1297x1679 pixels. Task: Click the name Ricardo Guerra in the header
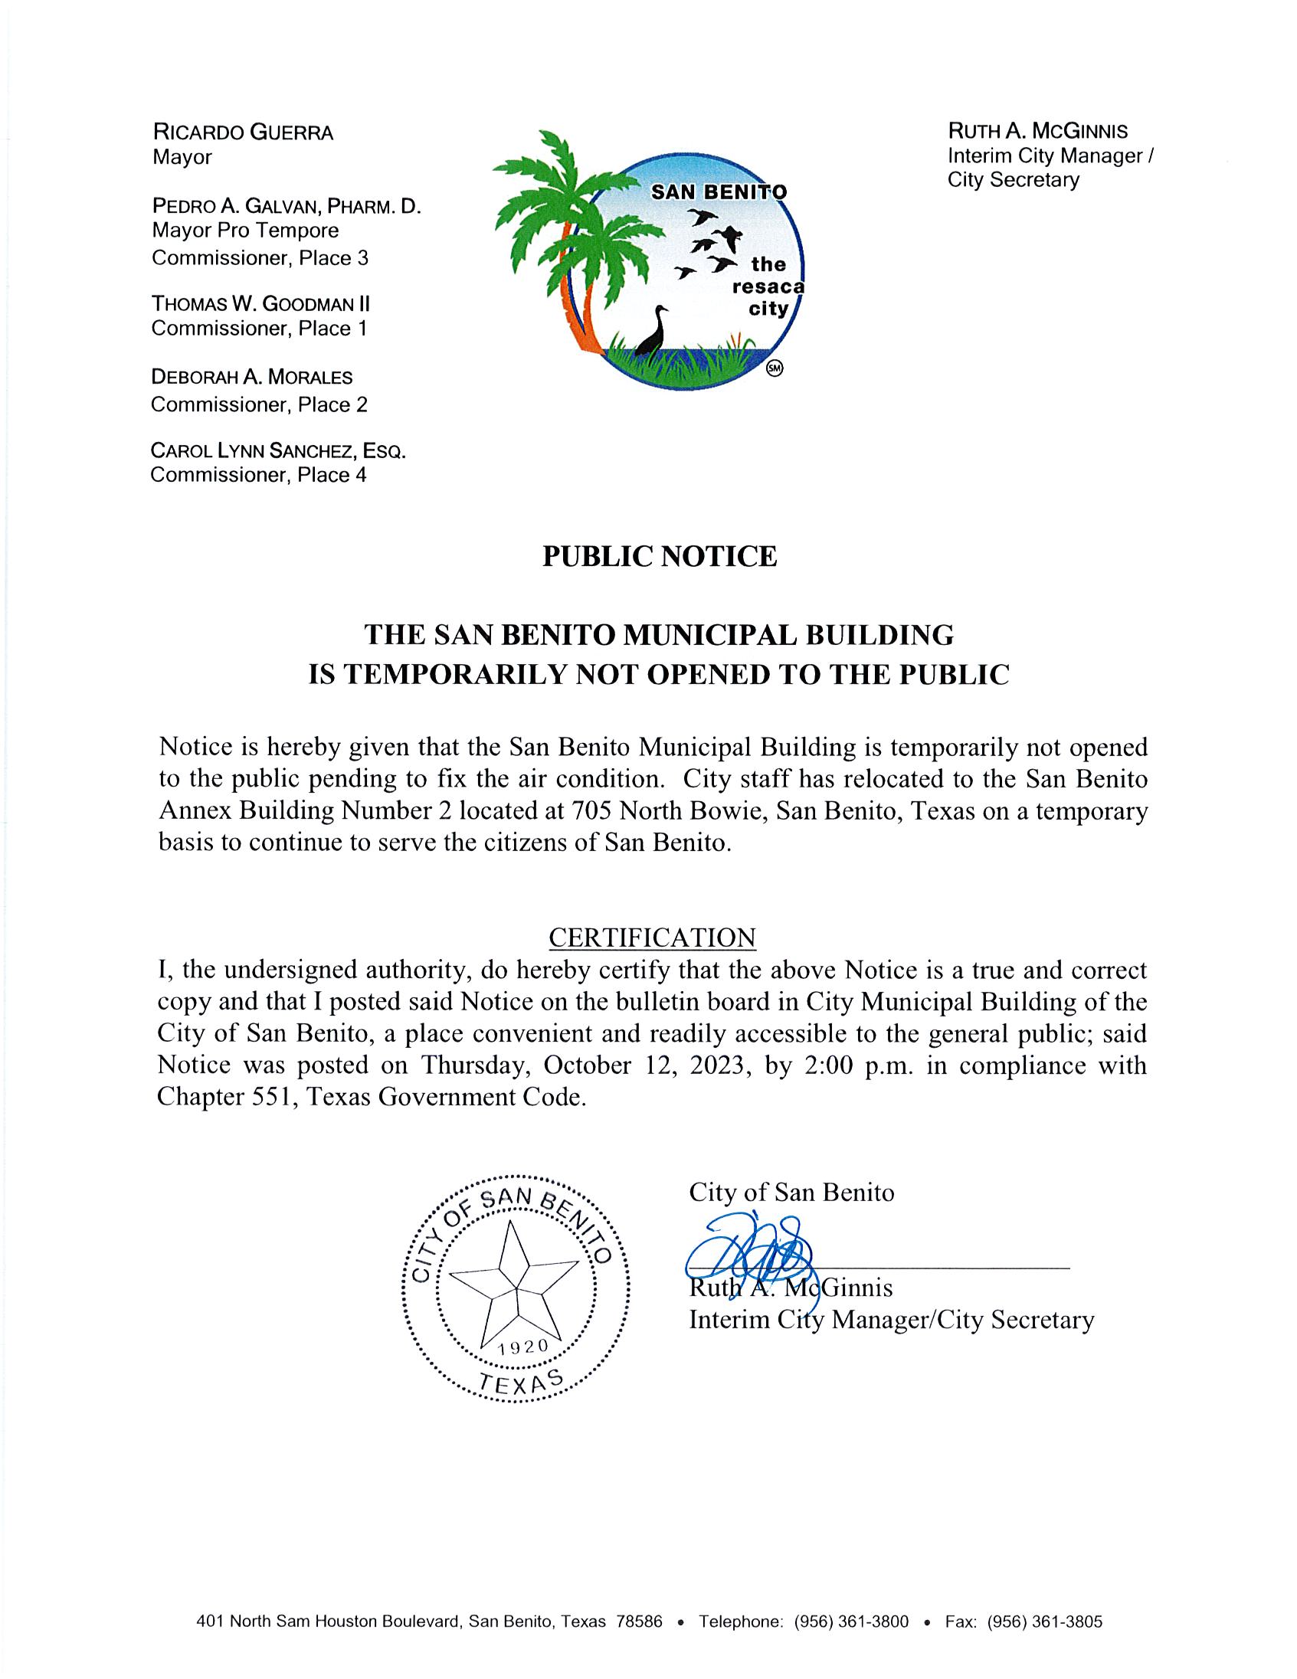[x=243, y=133]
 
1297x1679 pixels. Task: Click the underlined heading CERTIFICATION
[x=652, y=938]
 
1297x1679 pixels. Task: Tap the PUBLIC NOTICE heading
[x=660, y=557]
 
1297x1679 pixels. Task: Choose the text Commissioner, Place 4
[x=258, y=475]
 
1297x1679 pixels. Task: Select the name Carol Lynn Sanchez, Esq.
[x=277, y=450]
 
